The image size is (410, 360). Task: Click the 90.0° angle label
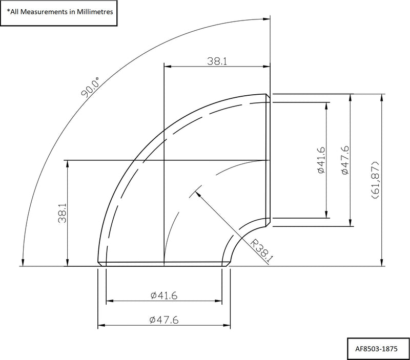[x=89, y=87]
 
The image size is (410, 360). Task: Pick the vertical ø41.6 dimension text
[x=321, y=160]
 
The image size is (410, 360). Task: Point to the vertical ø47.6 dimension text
[x=345, y=160]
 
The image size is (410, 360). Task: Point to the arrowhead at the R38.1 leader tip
[x=196, y=193]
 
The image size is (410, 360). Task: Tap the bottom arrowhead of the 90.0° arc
[x=23, y=263]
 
